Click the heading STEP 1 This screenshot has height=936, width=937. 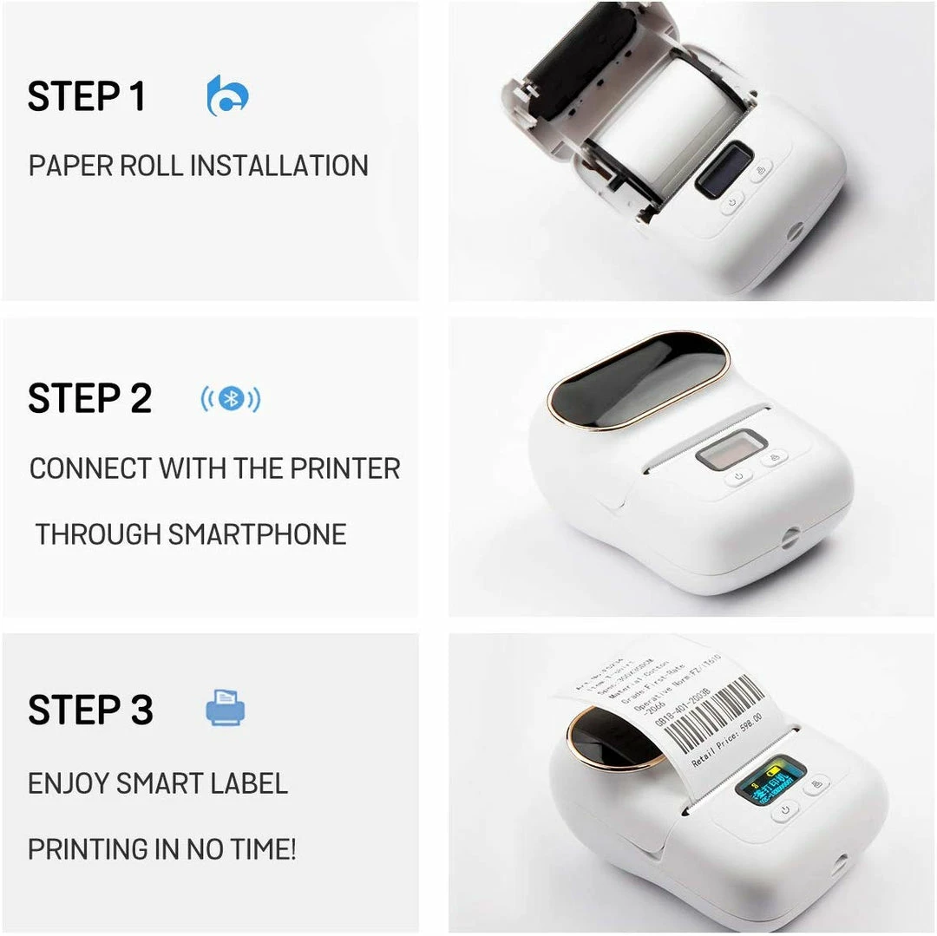86,96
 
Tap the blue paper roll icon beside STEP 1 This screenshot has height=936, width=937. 227,95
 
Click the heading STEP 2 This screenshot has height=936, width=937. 89,399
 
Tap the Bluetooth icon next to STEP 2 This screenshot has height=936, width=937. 230,399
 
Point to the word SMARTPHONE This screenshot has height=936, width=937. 257,534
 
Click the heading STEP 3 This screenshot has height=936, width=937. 90,710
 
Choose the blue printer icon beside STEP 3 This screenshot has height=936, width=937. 226,708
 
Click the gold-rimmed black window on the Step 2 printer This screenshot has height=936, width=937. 638,380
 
